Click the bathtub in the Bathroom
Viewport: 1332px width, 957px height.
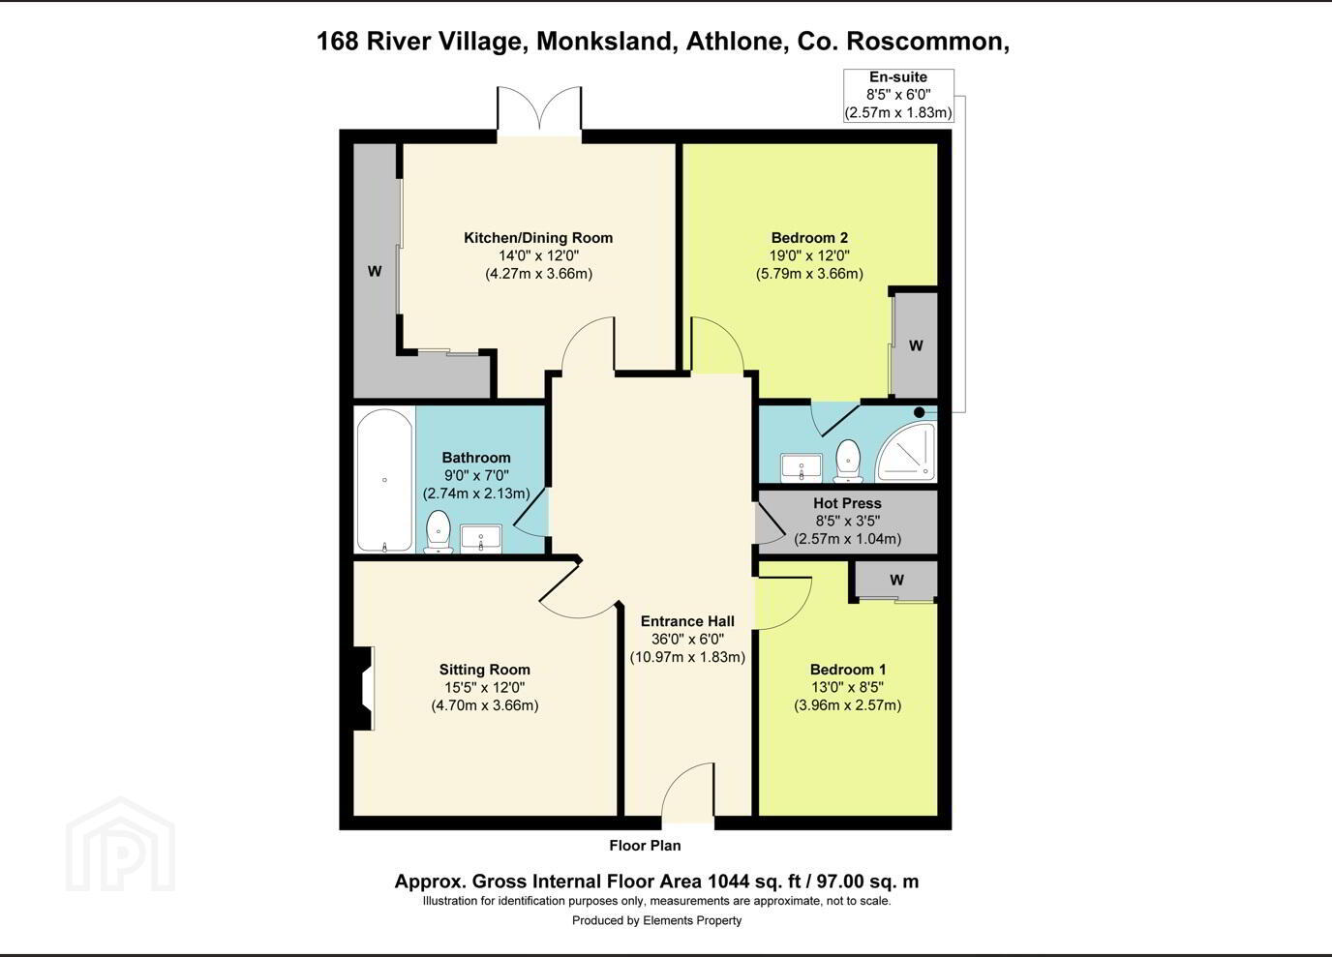pyautogui.click(x=384, y=480)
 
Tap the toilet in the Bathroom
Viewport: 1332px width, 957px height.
pyautogui.click(x=439, y=531)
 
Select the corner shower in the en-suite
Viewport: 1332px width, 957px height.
pyautogui.click(x=906, y=451)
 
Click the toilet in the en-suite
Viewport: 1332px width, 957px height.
pyautogui.click(x=848, y=461)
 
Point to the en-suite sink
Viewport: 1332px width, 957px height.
pyautogui.click(x=802, y=467)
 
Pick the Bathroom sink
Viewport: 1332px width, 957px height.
pyautogui.click(x=480, y=539)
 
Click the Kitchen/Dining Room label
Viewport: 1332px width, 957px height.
pyautogui.click(x=538, y=238)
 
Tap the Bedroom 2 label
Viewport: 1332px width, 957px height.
pyautogui.click(x=809, y=238)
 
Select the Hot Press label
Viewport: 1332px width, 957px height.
pyautogui.click(x=847, y=503)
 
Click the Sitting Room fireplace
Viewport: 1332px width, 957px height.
pyautogui.click(x=363, y=688)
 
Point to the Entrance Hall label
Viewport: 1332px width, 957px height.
pyautogui.click(x=687, y=621)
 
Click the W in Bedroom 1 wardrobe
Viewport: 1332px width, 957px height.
pyautogui.click(x=896, y=580)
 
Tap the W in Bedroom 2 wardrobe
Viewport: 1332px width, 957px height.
pyautogui.click(x=916, y=345)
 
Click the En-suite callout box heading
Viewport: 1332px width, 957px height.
pyautogui.click(x=898, y=76)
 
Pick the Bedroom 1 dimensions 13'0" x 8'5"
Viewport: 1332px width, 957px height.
pyautogui.click(x=847, y=687)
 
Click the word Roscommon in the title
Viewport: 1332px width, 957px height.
pyautogui.click(x=927, y=41)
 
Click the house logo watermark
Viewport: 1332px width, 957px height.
pyautogui.click(x=121, y=845)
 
